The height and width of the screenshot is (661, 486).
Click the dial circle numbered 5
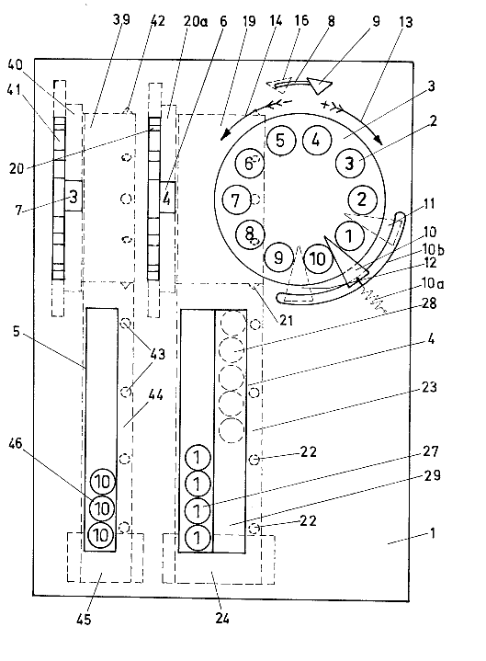[280, 140]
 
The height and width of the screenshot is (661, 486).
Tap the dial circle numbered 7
[236, 199]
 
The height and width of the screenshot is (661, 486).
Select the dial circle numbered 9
[278, 256]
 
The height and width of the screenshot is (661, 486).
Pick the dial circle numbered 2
[362, 199]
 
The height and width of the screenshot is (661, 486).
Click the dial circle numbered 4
[316, 140]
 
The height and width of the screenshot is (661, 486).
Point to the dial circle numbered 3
[349, 163]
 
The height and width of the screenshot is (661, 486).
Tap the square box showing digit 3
[73, 196]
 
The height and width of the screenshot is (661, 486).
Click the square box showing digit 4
[167, 198]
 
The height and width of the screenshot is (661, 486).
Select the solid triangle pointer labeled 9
[319, 85]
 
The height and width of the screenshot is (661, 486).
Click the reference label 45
[84, 619]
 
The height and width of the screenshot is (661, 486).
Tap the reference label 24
[222, 618]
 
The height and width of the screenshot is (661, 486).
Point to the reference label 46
[16, 443]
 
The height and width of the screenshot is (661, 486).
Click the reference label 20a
[195, 20]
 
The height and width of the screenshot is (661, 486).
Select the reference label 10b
[434, 249]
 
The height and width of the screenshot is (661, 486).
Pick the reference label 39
[121, 20]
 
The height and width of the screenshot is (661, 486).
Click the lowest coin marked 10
[101, 535]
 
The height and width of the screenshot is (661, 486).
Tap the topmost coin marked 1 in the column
[198, 458]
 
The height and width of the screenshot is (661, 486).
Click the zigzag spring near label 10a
[373, 300]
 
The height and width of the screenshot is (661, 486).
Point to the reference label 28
[429, 302]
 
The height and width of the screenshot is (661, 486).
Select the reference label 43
[157, 354]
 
